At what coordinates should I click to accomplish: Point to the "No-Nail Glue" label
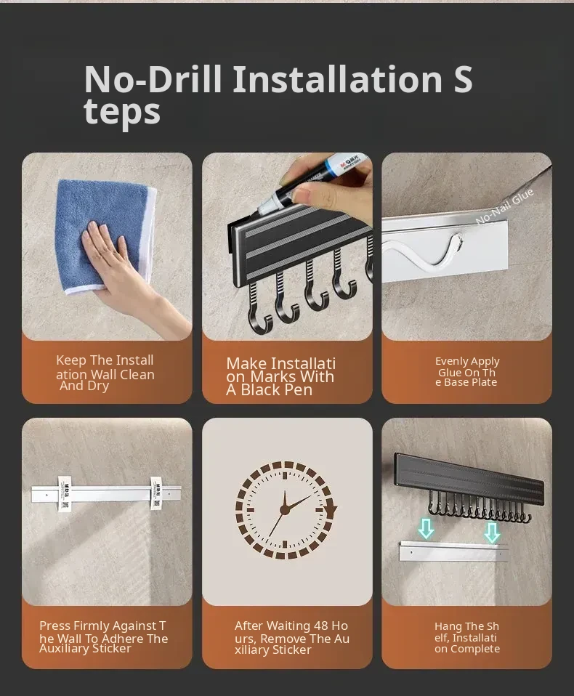(x=505, y=206)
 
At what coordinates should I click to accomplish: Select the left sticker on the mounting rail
(x=65, y=493)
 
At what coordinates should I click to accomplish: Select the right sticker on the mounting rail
(x=157, y=493)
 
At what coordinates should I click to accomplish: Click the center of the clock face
(x=285, y=510)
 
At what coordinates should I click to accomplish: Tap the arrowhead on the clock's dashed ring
(x=331, y=509)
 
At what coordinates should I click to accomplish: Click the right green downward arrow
(x=492, y=533)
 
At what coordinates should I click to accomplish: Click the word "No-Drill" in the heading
(x=153, y=79)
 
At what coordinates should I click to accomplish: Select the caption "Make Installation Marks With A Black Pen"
(x=280, y=376)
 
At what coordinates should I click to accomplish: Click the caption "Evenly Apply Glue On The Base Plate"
(x=467, y=371)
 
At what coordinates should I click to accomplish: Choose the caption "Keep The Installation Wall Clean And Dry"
(x=105, y=373)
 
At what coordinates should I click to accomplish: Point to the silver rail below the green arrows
(x=453, y=551)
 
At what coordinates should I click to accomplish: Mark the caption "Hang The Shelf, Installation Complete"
(x=467, y=637)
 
